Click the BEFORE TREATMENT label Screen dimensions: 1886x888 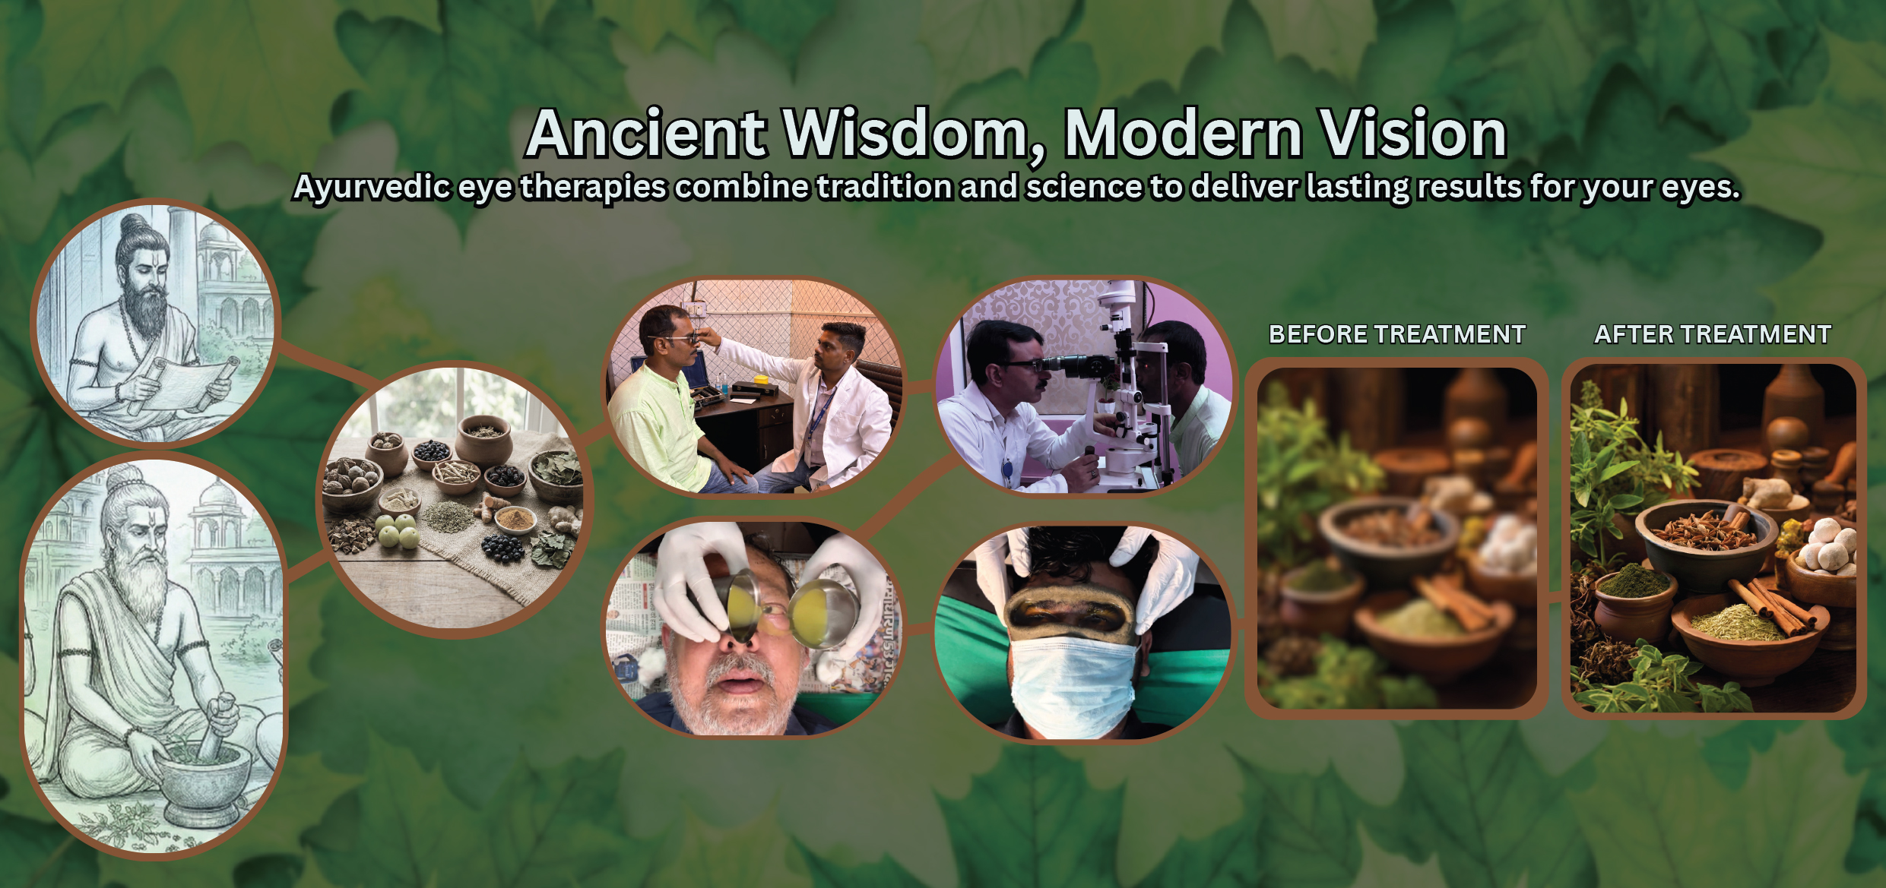(1397, 334)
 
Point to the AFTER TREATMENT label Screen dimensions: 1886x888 (1713, 334)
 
